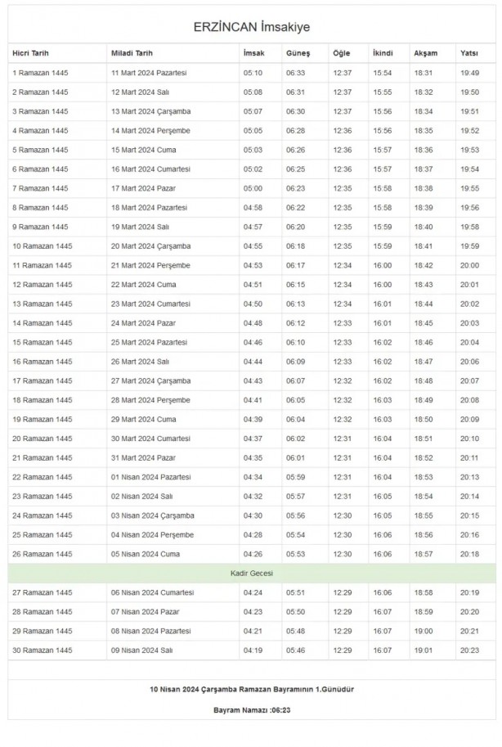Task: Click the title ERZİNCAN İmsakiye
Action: click(251, 27)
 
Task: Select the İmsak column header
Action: click(253, 53)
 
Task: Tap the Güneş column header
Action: click(298, 53)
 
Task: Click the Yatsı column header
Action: click(469, 53)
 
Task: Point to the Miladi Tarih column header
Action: click(132, 53)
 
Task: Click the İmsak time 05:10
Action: click(253, 73)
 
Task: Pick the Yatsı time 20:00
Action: click(470, 265)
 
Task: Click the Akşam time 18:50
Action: click(424, 419)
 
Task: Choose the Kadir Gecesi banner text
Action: click(251, 573)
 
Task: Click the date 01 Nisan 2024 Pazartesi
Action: click(151, 477)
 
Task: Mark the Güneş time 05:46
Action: click(296, 650)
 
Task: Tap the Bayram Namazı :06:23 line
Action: click(251, 709)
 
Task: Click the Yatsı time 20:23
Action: click(470, 650)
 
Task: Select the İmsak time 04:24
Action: click(253, 592)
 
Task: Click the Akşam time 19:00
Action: click(424, 631)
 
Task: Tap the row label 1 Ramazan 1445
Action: click(40, 73)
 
